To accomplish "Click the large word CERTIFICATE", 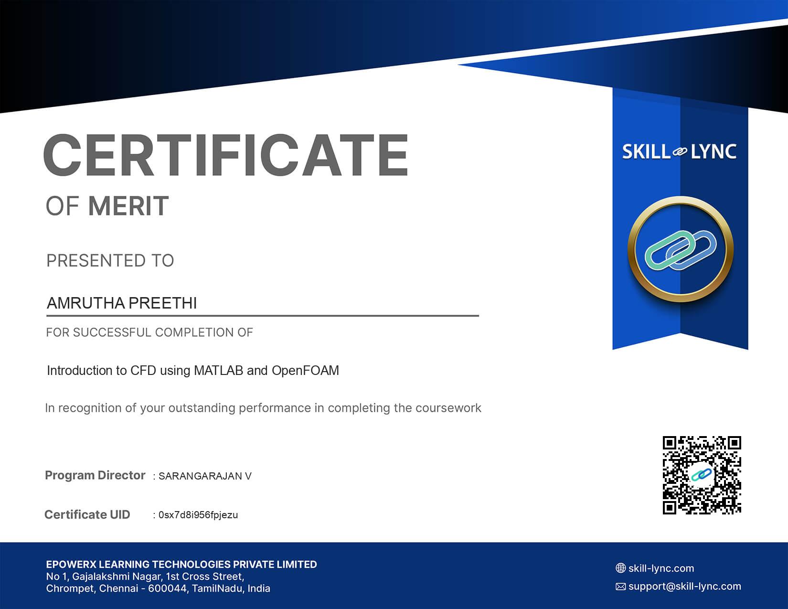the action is pos(226,155).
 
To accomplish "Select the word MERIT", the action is pos(129,206).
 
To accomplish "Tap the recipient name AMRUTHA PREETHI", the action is pos(122,303).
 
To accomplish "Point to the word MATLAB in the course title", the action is pos(218,370).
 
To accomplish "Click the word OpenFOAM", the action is pos(305,370).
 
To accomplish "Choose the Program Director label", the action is pos(95,475).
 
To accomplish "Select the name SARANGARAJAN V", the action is pos(205,476).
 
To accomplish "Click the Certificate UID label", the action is pos(87,514).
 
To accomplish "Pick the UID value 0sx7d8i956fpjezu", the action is pos(198,515).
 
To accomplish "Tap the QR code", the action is pos(702,475).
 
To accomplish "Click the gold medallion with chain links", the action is pos(680,249).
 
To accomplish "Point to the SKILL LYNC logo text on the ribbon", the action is pos(680,151).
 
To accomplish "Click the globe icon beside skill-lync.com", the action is pos(620,568).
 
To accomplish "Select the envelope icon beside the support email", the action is pos(620,587).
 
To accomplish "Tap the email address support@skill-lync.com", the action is pos(685,587).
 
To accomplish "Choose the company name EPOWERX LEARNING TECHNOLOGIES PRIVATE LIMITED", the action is pos(181,565).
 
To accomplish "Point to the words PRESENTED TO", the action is pos(110,260).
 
